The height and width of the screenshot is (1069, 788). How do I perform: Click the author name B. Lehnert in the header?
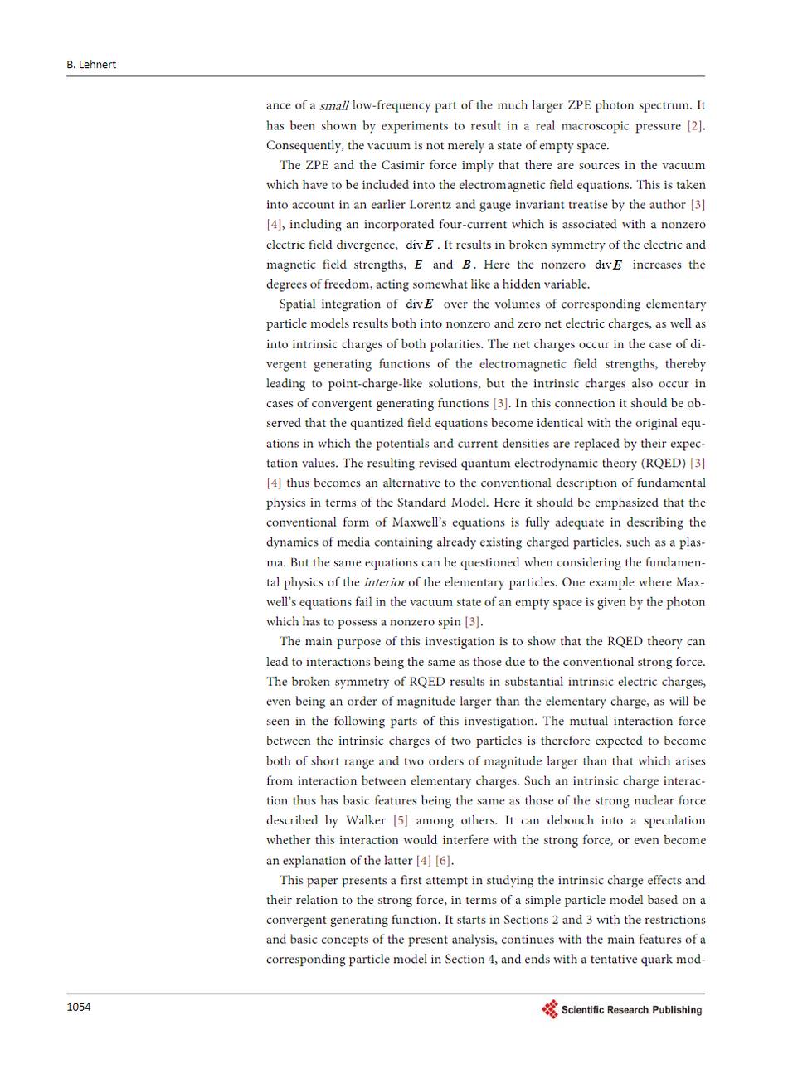tap(91, 65)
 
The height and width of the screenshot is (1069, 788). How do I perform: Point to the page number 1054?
tap(79, 1008)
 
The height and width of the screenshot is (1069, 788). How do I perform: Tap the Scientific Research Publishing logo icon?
tap(550, 1009)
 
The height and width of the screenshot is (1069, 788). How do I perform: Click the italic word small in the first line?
tap(333, 106)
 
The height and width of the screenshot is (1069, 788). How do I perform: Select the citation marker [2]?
tap(695, 126)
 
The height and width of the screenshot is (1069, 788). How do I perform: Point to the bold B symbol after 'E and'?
tap(467, 265)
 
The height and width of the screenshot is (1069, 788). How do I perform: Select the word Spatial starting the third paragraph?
tap(299, 304)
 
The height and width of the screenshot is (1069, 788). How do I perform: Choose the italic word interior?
tap(384, 582)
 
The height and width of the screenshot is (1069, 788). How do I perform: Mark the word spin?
tap(450, 622)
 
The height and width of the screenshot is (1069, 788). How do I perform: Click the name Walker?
tap(366, 820)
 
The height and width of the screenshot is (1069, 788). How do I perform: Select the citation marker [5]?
tap(400, 820)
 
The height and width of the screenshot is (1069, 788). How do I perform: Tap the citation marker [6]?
tap(444, 860)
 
